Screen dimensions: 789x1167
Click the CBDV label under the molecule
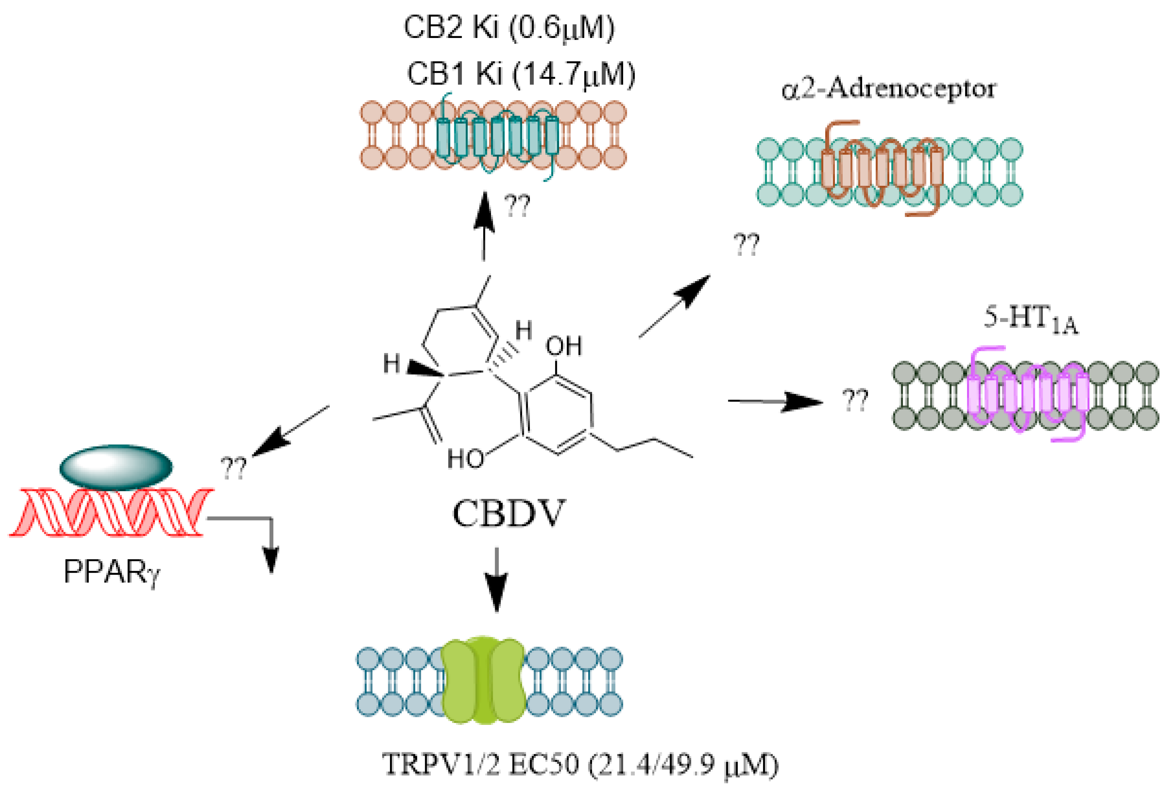[508, 514]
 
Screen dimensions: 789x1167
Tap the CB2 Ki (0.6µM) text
[509, 28]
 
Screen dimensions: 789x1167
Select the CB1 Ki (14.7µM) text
[521, 74]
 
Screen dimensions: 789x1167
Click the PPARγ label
[112, 572]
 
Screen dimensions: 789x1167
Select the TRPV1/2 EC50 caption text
[580, 765]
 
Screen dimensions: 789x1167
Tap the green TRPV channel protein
[484, 679]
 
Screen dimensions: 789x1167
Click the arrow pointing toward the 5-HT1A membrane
[776, 401]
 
